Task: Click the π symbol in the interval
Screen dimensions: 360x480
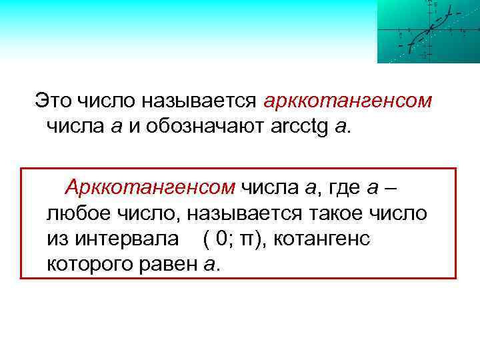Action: pyautogui.click(x=247, y=239)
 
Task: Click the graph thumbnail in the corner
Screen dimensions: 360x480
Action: pyautogui.click(x=428, y=31)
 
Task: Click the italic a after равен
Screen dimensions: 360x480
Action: pyautogui.click(x=209, y=264)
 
